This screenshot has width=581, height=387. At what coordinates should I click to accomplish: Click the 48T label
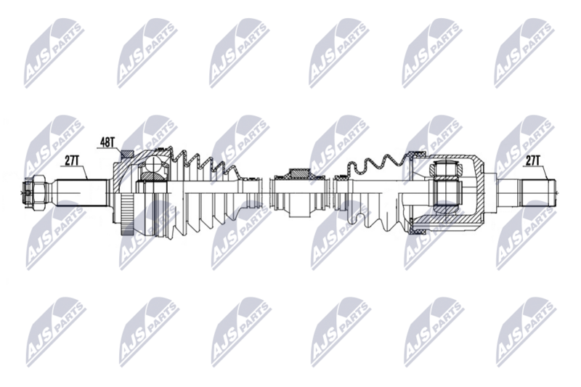pyautogui.click(x=107, y=142)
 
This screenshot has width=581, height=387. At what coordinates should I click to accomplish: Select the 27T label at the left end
pyautogui.click(x=71, y=160)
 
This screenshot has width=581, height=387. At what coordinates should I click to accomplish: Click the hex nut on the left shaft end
pyautogui.click(x=39, y=192)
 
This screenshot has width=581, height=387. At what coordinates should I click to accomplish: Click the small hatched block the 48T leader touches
pyautogui.click(x=128, y=153)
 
